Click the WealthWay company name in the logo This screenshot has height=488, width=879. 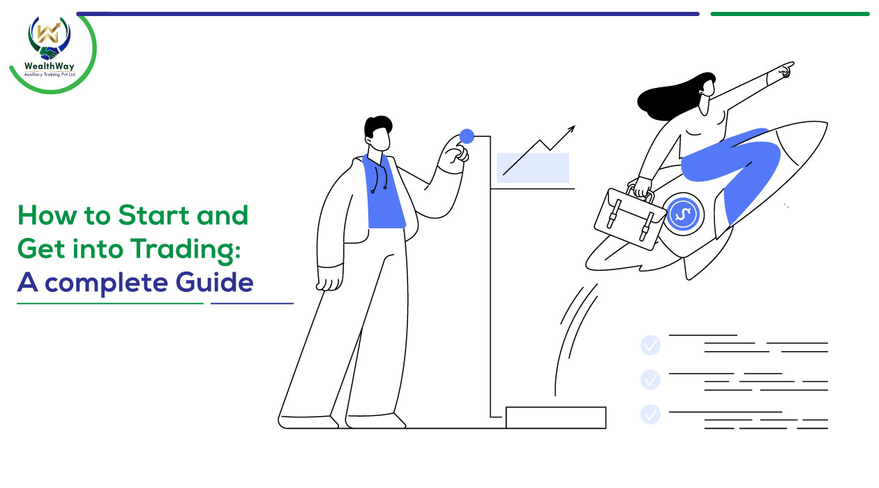(x=49, y=66)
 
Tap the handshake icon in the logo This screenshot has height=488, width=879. (x=50, y=53)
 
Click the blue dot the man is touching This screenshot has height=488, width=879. (x=467, y=136)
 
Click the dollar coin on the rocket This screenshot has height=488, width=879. (x=683, y=214)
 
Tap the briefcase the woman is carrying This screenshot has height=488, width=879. (x=630, y=217)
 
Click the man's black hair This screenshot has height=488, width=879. (x=377, y=126)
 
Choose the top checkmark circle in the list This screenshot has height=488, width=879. (x=650, y=346)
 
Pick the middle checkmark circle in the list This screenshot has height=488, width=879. (x=650, y=380)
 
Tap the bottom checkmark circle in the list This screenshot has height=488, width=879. (x=650, y=414)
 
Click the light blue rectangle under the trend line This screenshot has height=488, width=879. (x=533, y=168)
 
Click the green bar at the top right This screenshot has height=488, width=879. (x=790, y=14)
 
